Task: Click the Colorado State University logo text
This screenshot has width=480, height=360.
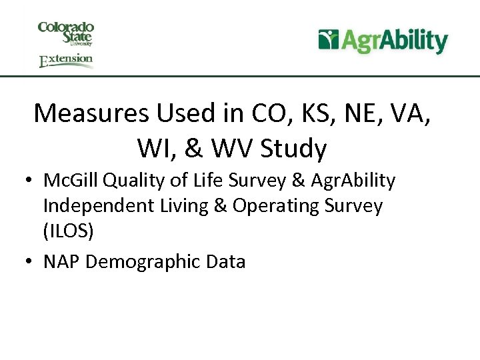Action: [66, 33]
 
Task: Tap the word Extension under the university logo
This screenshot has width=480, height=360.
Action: [66, 61]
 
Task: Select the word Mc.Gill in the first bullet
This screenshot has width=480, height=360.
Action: [71, 181]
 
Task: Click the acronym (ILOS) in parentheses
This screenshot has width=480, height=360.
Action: [68, 231]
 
